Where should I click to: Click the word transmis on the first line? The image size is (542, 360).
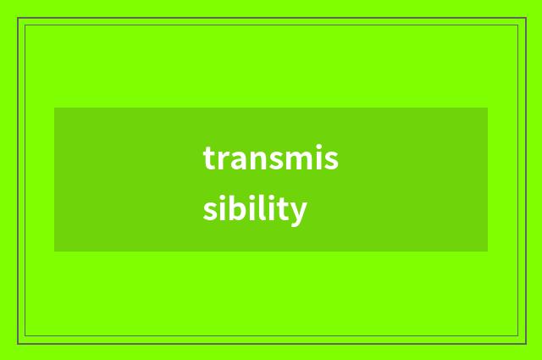coord(270,158)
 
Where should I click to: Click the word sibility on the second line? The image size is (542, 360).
coord(254,208)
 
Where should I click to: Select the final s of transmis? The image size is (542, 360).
coord(331,160)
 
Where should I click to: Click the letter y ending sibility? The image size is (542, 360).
coord(296,211)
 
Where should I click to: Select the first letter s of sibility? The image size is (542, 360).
coord(209,210)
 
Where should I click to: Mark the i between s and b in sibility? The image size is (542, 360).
coord(221,208)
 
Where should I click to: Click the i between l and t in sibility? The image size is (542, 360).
coord(270,208)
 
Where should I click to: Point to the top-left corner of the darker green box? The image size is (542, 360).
coord(54,108)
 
